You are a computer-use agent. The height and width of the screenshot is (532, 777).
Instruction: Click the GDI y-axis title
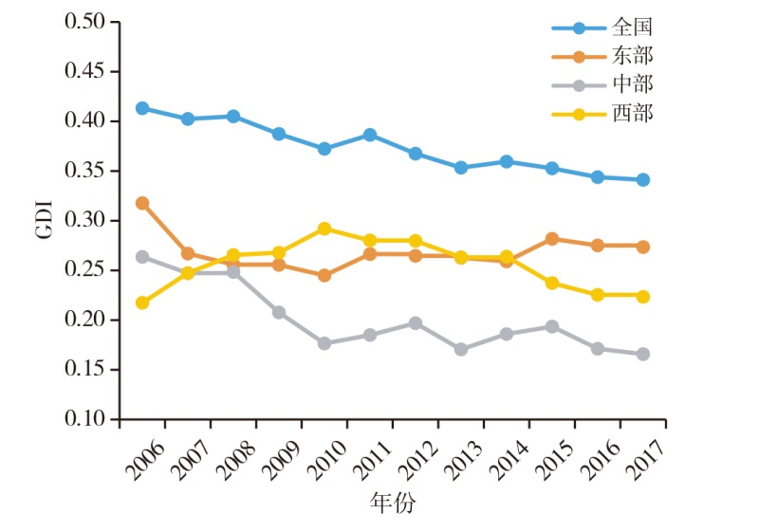click(x=46, y=220)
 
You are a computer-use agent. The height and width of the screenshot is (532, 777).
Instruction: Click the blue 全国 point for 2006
click(x=142, y=108)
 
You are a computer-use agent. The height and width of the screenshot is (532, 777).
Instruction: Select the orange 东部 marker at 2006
click(x=142, y=203)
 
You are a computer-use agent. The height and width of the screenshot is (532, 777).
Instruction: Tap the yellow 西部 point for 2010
click(x=324, y=229)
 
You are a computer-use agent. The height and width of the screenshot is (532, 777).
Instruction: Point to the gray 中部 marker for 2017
click(x=643, y=354)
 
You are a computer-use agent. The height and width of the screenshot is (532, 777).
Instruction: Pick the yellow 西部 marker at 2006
click(x=142, y=303)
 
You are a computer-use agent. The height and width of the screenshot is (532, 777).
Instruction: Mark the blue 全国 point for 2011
click(x=370, y=135)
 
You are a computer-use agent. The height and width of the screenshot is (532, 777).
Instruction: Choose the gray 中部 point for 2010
click(x=324, y=343)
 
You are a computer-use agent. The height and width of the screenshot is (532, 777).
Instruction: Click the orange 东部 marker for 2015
click(x=552, y=238)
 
